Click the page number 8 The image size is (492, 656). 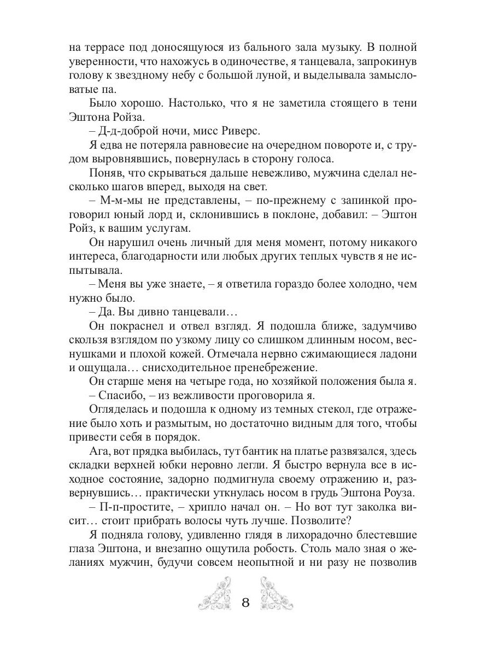(x=245, y=603)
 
